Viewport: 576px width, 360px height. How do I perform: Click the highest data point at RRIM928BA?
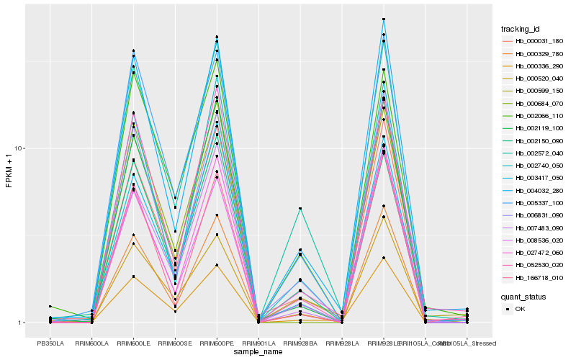(300, 209)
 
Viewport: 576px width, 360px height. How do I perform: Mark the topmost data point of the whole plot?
(384, 19)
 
